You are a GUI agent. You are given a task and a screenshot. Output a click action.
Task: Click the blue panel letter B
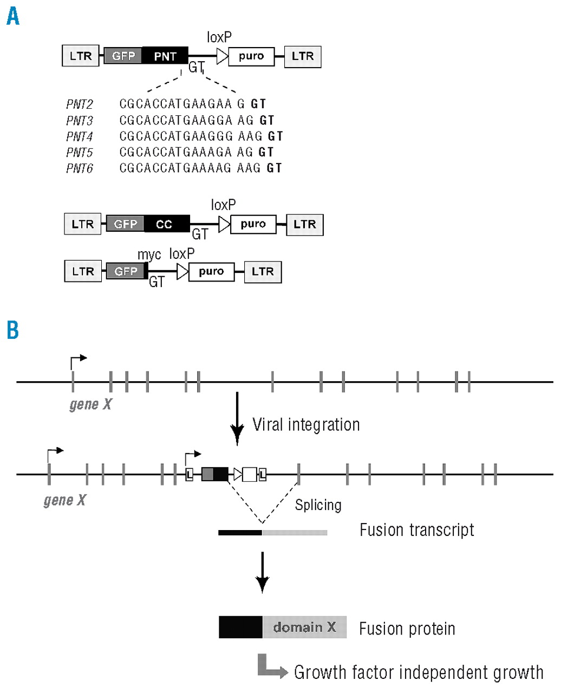pos(13,330)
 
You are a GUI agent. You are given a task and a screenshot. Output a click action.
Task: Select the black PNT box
pos(165,56)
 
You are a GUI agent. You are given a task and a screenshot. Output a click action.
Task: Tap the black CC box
pos(167,224)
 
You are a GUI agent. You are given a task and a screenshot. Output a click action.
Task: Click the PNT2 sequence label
pos(80,104)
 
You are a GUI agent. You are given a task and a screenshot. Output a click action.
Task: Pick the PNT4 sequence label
pos(80,136)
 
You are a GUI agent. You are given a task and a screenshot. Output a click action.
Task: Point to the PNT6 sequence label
pos(80,168)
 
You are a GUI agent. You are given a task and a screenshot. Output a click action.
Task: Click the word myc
pos(149,254)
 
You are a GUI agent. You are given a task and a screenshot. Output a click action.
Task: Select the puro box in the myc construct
pos(211,272)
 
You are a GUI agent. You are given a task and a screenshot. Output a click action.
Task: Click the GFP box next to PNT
pos(123,56)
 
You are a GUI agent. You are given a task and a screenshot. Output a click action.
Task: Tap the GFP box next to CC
pos(126,224)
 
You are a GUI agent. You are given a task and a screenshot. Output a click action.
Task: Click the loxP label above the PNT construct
pos(219,37)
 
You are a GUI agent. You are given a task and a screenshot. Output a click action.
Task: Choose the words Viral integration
pos(306,424)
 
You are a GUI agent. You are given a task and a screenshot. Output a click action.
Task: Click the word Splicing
pos(318,505)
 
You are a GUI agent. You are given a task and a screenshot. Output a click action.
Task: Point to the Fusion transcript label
pos(416,530)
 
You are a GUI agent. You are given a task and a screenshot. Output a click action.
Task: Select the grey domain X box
pos(304,627)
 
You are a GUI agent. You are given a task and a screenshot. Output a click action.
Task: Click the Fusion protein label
pos(407,629)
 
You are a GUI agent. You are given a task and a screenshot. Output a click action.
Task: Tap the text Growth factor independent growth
pos(419,672)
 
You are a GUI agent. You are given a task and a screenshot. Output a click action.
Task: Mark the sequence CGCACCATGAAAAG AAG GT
pos(200,168)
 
